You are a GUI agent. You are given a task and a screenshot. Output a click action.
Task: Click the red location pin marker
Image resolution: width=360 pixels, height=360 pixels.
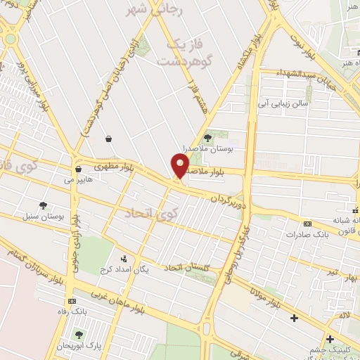coord(180,165)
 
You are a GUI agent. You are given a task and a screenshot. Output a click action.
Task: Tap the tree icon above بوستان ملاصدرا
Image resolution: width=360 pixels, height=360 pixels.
coord(207,138)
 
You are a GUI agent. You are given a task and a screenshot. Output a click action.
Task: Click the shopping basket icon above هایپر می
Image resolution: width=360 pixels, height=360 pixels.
coord(78,169)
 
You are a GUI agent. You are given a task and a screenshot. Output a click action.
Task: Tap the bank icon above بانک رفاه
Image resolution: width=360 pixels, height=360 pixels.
coord(71,301)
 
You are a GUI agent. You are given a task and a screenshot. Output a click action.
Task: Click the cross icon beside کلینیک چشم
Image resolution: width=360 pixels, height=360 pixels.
coord(330,339)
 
